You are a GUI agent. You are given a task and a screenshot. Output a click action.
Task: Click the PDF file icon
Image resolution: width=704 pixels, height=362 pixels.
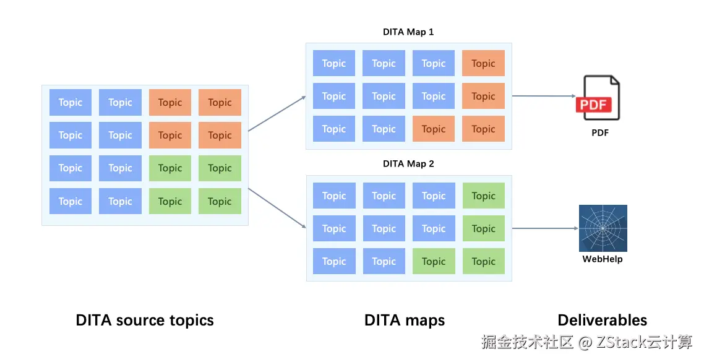[598, 98]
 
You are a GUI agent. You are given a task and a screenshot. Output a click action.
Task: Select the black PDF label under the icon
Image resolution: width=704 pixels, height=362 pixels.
[599, 132]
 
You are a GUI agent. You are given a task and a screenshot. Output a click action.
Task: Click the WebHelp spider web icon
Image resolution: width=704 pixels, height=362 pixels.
[603, 228]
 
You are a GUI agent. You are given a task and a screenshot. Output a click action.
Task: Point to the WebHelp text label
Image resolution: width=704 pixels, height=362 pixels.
[603, 259]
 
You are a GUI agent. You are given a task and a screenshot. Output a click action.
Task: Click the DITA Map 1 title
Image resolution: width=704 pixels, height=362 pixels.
[408, 32]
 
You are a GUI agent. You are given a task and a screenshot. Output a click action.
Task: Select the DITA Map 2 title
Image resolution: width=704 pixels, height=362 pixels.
[408, 164]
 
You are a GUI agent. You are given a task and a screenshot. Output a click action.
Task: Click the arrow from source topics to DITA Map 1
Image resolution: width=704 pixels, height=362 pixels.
[277, 114]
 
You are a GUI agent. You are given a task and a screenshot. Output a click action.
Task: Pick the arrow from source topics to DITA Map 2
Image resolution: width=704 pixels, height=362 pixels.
[277, 208]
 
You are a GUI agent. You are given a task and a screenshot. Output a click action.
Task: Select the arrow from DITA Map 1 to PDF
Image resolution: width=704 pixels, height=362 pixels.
[543, 96]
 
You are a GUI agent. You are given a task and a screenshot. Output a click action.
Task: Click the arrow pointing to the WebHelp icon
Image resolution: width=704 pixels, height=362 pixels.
[543, 228]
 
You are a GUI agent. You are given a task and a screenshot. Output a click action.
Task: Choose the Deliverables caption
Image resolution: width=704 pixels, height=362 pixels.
[602, 321]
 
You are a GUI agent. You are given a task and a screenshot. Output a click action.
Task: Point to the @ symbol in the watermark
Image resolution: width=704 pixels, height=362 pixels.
[585, 342]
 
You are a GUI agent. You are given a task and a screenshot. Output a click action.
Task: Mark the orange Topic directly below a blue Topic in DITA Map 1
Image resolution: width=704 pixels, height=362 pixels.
[433, 129]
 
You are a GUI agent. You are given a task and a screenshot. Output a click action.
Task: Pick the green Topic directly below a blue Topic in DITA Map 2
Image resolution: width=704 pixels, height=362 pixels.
[433, 261]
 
